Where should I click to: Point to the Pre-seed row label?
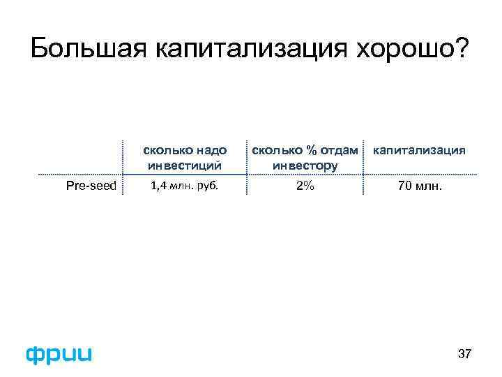[x=91, y=186]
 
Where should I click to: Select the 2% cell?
[x=305, y=186]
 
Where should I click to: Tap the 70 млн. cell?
[x=420, y=186]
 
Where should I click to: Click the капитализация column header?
[x=420, y=150]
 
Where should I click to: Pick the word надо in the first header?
[x=211, y=150]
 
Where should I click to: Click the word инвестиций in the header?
[x=185, y=165]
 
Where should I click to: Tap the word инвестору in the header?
[x=305, y=165]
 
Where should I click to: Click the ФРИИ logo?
[x=59, y=354]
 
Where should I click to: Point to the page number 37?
[x=464, y=355]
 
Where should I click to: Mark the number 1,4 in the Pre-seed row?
[x=159, y=186]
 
